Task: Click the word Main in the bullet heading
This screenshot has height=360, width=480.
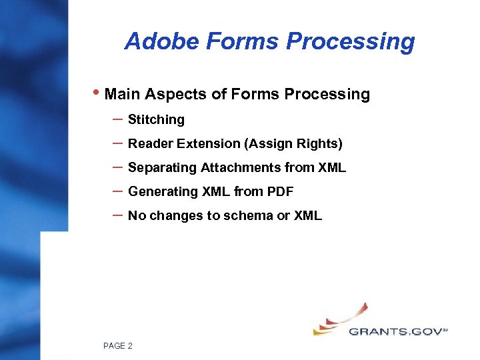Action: pyautogui.click(x=122, y=94)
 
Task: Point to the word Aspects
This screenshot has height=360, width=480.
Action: pyautogui.click(x=175, y=94)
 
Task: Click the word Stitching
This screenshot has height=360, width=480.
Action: pyautogui.click(x=156, y=120)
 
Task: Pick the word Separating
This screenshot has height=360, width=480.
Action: pyautogui.click(x=162, y=168)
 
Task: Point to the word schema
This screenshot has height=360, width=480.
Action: pyautogui.click(x=248, y=216)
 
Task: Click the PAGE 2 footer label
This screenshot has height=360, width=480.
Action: pyautogui.click(x=118, y=345)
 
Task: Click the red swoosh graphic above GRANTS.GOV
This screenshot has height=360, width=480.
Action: pyautogui.click(x=347, y=315)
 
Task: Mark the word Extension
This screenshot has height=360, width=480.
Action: pyautogui.click(x=201, y=144)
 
